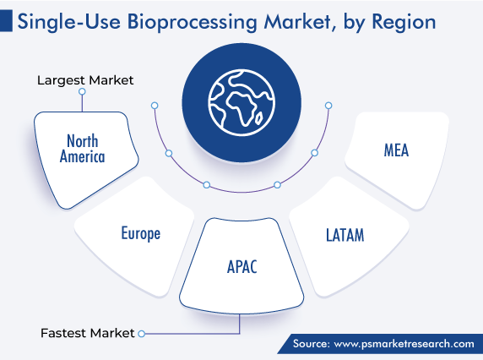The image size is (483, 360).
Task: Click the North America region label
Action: click(x=82, y=148)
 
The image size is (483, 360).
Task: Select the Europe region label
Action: click(x=141, y=233)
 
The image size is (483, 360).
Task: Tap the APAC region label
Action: click(x=241, y=266)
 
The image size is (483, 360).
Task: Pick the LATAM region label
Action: click(x=345, y=235)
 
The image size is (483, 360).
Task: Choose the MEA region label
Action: click(x=396, y=150)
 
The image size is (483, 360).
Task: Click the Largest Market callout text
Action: click(x=85, y=80)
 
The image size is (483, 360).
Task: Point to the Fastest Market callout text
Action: click(x=88, y=333)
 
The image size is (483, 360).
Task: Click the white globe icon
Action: click(x=241, y=102)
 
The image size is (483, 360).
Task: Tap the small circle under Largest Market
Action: click(x=82, y=91)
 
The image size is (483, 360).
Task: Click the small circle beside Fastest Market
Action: click(x=141, y=334)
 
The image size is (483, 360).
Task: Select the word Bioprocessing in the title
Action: click(x=192, y=23)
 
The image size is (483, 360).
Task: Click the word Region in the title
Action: click(x=404, y=23)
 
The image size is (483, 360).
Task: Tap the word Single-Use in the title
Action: click(x=68, y=23)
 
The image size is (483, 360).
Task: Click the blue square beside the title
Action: click(x=6, y=20)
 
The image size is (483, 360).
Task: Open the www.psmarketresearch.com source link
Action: click(x=404, y=344)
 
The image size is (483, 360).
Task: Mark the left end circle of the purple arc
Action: click(x=155, y=106)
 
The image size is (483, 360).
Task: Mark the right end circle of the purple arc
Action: click(x=328, y=106)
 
